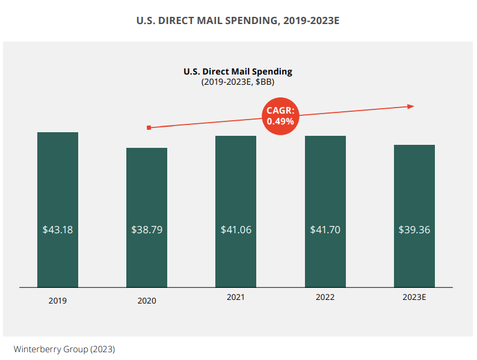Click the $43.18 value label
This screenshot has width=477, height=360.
tap(58, 230)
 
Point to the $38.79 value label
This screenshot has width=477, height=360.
tap(147, 230)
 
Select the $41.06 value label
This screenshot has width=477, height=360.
tap(236, 230)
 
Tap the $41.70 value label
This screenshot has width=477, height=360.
tap(325, 230)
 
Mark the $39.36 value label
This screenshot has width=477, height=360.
tap(414, 230)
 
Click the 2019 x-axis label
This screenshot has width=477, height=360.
tap(58, 301)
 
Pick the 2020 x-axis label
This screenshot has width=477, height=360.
tap(147, 301)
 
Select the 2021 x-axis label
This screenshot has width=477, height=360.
tap(236, 297)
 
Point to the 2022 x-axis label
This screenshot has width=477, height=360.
tap(325, 297)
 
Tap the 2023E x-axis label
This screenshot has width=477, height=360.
tap(414, 297)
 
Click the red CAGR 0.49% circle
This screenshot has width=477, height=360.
tap(281, 116)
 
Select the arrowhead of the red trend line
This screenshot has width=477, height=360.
tap(411, 106)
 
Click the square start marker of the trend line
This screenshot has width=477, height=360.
tap(149, 127)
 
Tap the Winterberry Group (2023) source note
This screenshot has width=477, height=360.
tap(64, 349)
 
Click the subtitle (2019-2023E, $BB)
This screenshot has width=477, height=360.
tap(238, 82)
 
